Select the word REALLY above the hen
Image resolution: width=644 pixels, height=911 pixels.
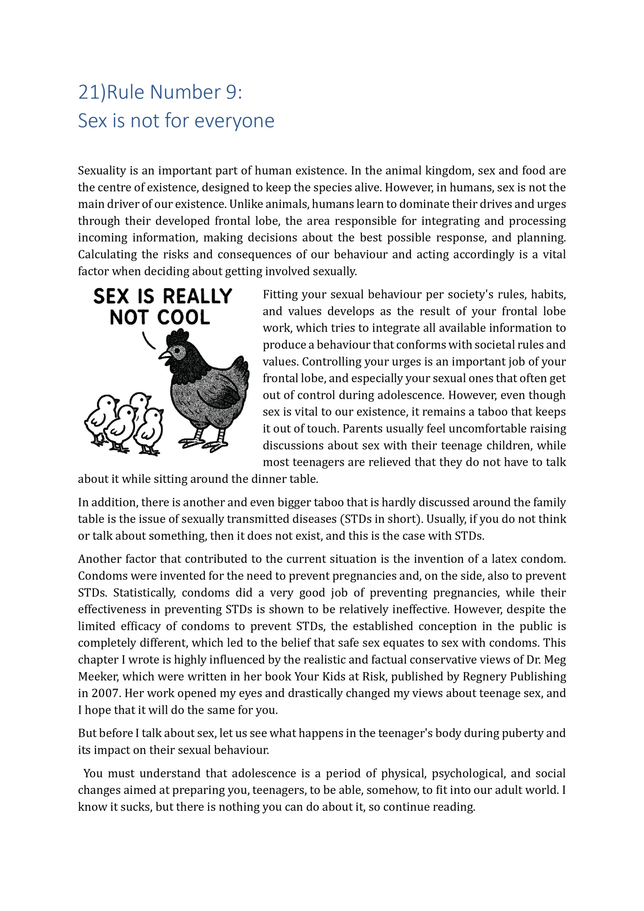(x=197, y=297)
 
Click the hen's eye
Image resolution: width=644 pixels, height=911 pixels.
(x=177, y=351)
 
